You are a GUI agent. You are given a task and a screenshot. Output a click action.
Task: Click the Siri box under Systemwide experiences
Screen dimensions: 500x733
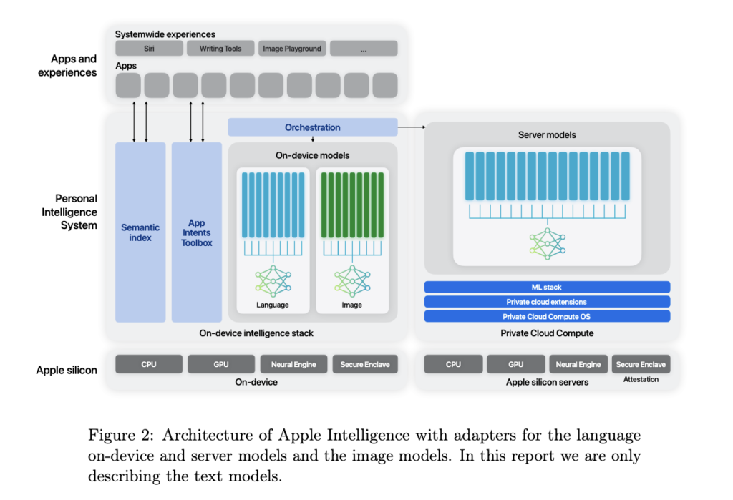pos(149,49)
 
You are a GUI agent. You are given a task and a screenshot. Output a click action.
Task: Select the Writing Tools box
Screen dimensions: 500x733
pos(220,49)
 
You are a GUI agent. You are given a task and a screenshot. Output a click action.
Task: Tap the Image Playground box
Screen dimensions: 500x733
pos(291,49)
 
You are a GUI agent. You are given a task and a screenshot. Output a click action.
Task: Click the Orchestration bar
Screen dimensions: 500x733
pos(313,127)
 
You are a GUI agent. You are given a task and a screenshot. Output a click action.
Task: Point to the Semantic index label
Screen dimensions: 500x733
pos(140,232)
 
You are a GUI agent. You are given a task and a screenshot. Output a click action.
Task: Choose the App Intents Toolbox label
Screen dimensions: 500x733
pos(196,232)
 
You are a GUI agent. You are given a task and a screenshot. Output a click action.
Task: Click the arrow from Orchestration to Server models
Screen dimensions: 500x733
pos(411,127)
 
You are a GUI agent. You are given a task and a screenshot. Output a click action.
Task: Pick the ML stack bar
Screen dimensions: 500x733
pos(547,287)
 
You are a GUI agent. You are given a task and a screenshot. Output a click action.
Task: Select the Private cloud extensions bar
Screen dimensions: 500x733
pos(547,302)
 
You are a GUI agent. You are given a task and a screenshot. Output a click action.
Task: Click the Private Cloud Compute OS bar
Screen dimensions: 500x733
pos(547,316)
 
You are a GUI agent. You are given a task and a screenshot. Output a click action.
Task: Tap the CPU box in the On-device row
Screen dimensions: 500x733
pos(149,364)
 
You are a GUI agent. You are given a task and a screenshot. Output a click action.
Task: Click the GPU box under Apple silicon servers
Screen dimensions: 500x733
pos(516,364)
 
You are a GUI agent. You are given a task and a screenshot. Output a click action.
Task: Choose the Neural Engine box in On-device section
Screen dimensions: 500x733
pos(293,364)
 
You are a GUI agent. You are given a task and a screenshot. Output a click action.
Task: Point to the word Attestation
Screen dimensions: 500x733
pos(641,379)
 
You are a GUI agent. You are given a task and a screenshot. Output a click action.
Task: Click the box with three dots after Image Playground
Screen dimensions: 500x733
pos(364,49)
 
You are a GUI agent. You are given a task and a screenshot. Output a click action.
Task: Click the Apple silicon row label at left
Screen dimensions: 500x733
pos(67,370)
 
